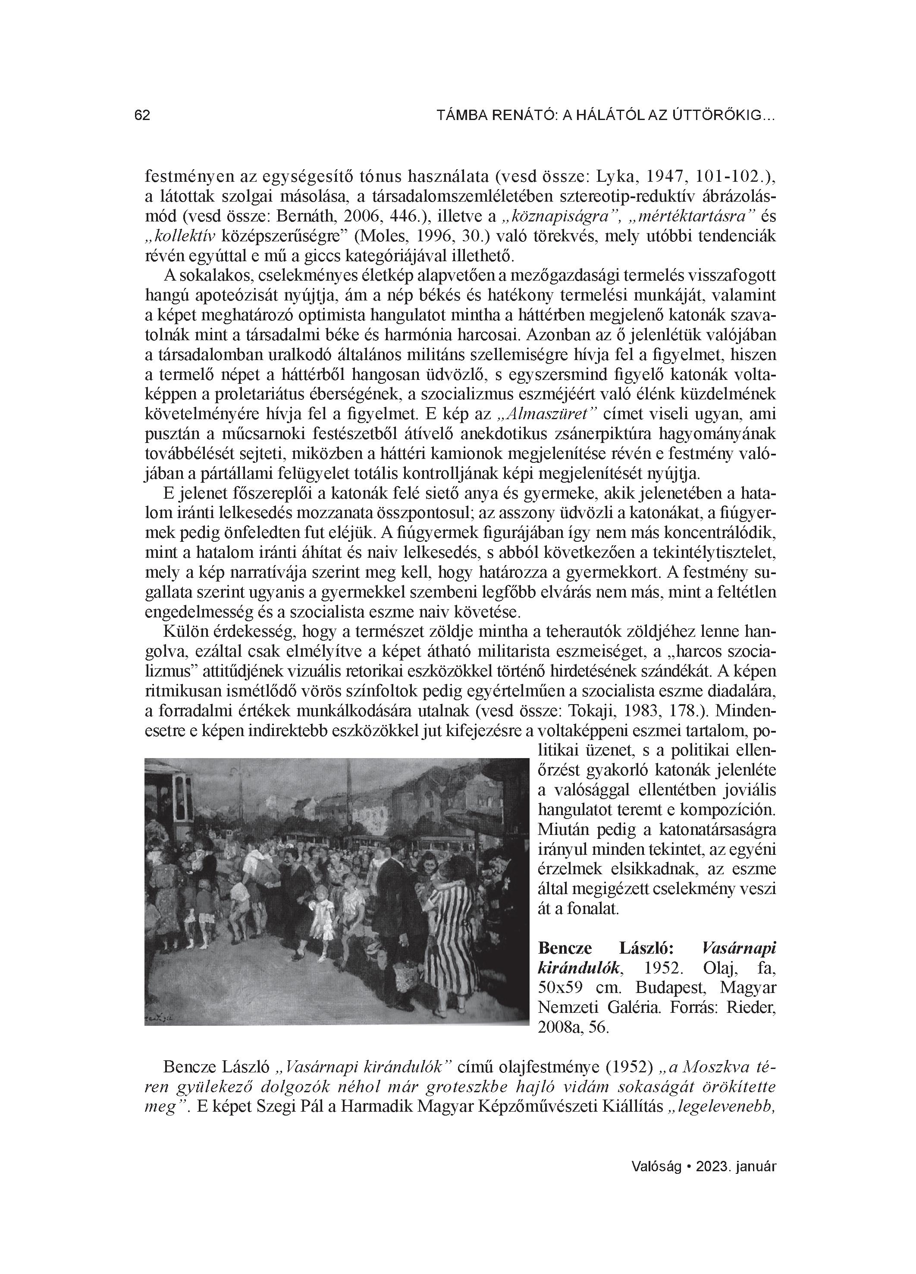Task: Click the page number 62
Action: pyautogui.click(x=142, y=116)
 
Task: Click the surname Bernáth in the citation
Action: pyautogui.click(x=331, y=216)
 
